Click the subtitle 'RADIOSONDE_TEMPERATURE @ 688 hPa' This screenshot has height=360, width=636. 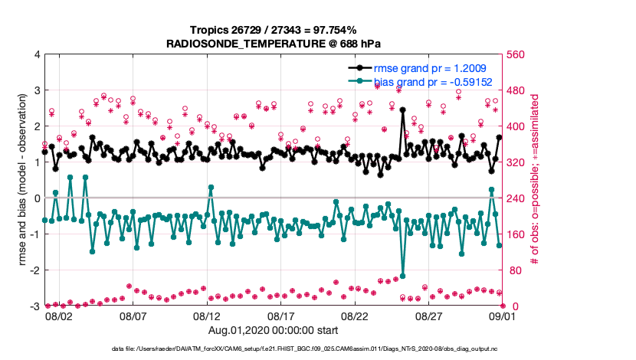[x=274, y=44]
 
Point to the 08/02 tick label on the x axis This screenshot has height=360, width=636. [x=59, y=316]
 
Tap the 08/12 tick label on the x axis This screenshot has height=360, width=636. [x=207, y=316]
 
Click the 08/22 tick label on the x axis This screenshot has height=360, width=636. [x=356, y=316]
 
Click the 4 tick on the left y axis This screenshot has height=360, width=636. [x=37, y=55]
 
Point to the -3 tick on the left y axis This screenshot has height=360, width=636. [x=35, y=306]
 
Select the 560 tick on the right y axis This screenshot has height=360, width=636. [x=515, y=55]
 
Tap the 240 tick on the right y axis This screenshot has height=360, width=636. [x=515, y=198]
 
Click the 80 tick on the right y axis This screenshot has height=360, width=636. [x=513, y=270]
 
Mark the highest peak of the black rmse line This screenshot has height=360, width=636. [x=402, y=110]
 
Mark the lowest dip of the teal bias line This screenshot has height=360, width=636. [x=402, y=276]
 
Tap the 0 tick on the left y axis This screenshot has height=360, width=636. [x=37, y=198]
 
